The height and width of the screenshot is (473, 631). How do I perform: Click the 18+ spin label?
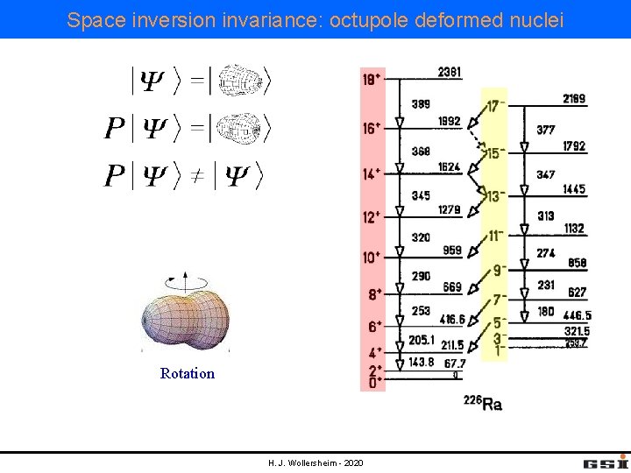(372, 79)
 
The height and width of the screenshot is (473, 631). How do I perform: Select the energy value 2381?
(450, 71)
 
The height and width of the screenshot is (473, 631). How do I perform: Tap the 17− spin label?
(495, 106)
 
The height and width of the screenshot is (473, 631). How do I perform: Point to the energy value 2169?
(574, 99)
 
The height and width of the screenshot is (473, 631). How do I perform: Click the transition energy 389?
(421, 103)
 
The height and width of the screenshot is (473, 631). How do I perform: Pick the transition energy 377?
(546, 130)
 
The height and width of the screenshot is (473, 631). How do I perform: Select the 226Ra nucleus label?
(483, 403)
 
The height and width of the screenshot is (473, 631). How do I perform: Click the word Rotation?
(188, 373)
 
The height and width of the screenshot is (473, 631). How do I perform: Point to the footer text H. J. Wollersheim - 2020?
(315, 462)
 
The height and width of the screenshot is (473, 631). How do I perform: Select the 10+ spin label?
(372, 257)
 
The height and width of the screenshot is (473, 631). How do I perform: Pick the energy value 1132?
(574, 229)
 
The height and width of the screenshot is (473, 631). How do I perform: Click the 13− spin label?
(495, 196)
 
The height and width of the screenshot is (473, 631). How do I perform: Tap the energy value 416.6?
(452, 320)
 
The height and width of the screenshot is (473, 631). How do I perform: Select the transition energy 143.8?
(422, 362)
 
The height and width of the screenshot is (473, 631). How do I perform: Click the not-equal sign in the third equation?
(197, 176)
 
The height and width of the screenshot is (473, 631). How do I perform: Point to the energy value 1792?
(574, 146)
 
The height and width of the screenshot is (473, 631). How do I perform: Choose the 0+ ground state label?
(372, 383)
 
